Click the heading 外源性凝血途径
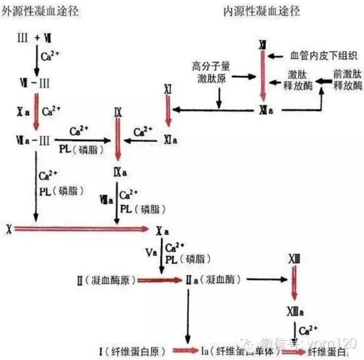tap(40, 10)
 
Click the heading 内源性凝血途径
tap(259, 10)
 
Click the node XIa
tap(171, 141)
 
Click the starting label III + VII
tap(34, 37)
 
